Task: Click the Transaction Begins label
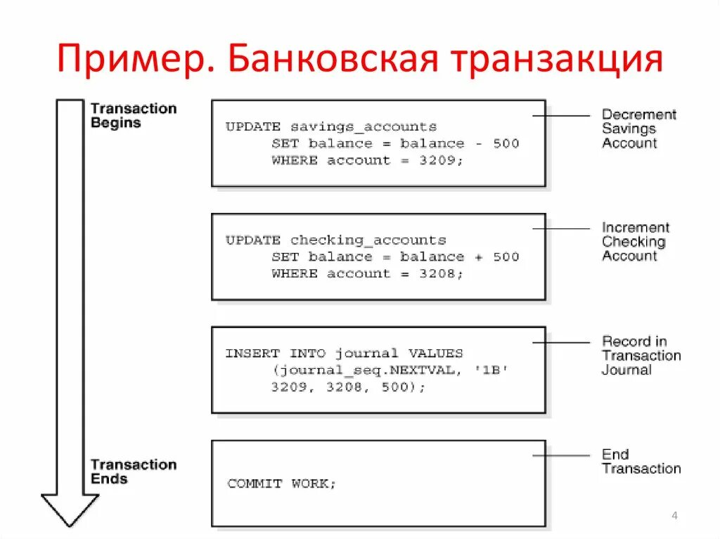coord(133,116)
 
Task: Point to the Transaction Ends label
coord(133,472)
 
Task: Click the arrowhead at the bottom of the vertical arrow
coord(70,509)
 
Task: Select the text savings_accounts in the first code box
coord(363,127)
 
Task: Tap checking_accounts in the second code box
coord(368,240)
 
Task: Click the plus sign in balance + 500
coord(478,257)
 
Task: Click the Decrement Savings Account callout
coord(638,129)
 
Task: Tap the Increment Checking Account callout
coord(635,242)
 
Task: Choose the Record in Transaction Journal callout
coord(641,356)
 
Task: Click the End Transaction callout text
coord(641,462)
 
